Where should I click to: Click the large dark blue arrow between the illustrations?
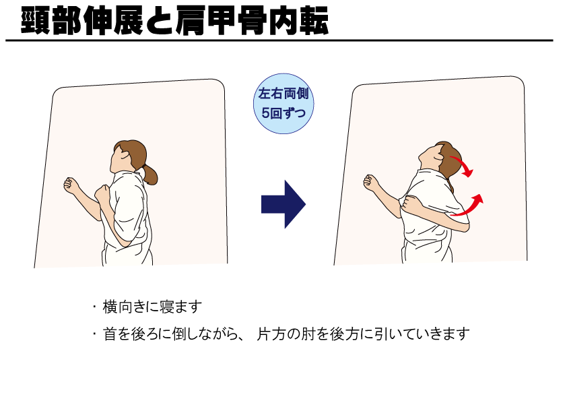click(x=283, y=204)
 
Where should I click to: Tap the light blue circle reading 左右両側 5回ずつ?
click(x=283, y=104)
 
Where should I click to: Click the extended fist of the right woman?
click(x=370, y=182)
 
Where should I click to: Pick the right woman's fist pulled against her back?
click(x=409, y=203)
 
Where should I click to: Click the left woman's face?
click(x=121, y=161)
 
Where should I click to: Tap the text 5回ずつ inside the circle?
click(x=283, y=113)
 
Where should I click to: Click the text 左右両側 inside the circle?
click(x=283, y=94)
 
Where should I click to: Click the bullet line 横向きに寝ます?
click(x=152, y=307)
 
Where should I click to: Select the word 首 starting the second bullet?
click(x=110, y=334)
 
